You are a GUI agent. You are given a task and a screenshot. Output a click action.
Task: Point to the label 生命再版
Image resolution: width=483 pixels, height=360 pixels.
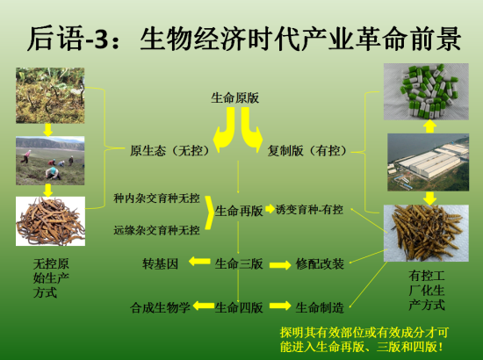[239, 211]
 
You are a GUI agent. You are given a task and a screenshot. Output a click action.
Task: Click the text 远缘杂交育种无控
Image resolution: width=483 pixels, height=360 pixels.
[156, 230]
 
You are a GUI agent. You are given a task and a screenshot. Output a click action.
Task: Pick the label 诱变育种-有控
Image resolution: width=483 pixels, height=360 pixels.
[309, 211]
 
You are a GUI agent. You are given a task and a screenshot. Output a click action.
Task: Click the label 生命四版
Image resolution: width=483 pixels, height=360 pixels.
[239, 306]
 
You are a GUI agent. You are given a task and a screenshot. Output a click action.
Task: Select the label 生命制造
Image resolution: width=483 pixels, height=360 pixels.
[320, 306]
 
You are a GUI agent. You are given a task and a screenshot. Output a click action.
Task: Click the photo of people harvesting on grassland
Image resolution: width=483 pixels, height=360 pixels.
[50, 161]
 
